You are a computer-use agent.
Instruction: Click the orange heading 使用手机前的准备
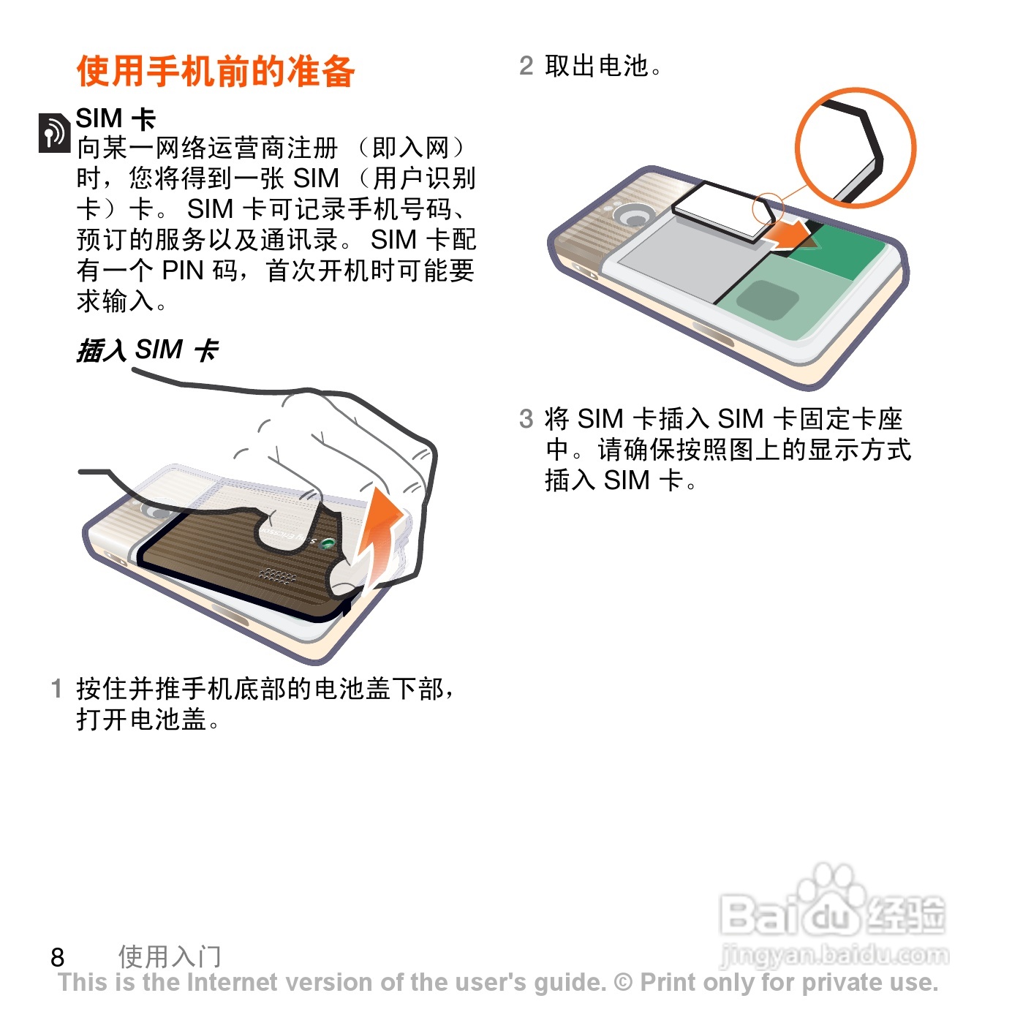[216, 71]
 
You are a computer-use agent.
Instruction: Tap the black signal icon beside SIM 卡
[54, 133]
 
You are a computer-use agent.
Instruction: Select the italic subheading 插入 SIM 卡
[148, 350]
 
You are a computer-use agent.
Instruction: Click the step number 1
[57, 689]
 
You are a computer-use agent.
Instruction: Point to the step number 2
[526, 66]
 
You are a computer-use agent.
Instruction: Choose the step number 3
[526, 419]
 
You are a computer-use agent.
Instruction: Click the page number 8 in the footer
[57, 957]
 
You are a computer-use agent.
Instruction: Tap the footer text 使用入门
[170, 956]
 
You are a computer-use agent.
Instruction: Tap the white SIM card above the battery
[723, 211]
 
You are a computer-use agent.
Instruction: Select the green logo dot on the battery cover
[327, 543]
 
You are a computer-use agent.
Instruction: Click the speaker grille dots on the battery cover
[277, 575]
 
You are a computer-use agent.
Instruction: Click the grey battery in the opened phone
[683, 257]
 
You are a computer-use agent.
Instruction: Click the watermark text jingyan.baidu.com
[834, 954]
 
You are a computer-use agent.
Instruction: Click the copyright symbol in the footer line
[624, 982]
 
